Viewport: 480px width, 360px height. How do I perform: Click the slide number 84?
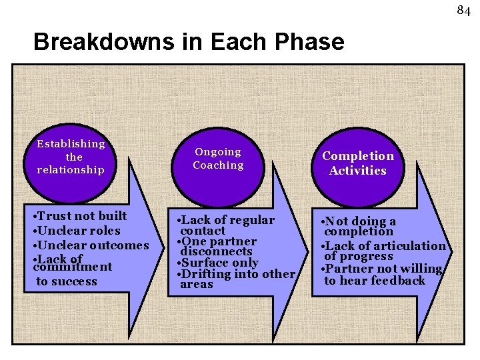click(463, 10)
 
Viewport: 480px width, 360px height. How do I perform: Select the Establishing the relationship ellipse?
click(71, 157)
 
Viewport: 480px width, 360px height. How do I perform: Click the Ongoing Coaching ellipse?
click(218, 159)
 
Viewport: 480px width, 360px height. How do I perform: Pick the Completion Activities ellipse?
click(358, 163)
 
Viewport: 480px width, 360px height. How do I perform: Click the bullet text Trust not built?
click(81, 216)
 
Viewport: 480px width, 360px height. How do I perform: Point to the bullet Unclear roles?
click(78, 231)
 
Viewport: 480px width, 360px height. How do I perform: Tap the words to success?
click(67, 281)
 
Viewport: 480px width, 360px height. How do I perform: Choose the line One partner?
click(217, 241)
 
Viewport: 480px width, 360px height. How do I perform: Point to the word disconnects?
click(216, 251)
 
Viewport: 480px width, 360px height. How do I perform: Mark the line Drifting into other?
click(236, 274)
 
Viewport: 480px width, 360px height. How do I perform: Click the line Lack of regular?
click(226, 220)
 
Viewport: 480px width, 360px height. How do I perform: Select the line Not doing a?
click(359, 221)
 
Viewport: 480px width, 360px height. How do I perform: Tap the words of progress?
click(359, 257)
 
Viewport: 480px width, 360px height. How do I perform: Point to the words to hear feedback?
click(374, 280)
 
